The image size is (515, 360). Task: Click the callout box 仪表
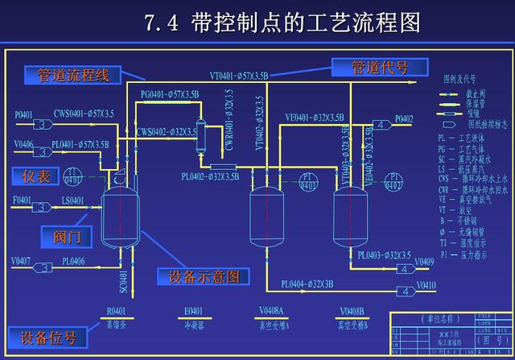click(37, 175)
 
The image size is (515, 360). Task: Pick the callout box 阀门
click(67, 236)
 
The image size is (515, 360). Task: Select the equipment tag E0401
click(194, 311)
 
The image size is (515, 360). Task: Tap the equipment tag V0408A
click(273, 311)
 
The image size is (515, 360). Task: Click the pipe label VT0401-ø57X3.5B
click(239, 76)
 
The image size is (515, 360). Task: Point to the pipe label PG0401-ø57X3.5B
click(170, 95)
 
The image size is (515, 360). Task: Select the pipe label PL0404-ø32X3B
click(307, 283)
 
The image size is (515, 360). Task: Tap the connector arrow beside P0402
click(380, 125)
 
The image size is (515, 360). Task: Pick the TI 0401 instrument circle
click(72, 176)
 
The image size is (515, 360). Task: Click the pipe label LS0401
click(72, 200)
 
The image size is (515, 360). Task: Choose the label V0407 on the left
click(22, 260)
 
